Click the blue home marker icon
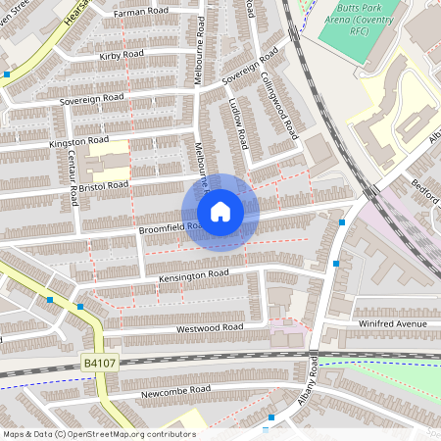tap(220, 212)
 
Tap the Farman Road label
tap(141, 13)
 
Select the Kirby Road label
tap(122, 56)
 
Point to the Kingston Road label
tap(77, 142)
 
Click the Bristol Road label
tap(105, 184)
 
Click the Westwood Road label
tap(208, 327)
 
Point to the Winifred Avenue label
tap(393, 323)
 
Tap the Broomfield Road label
tap(171, 227)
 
